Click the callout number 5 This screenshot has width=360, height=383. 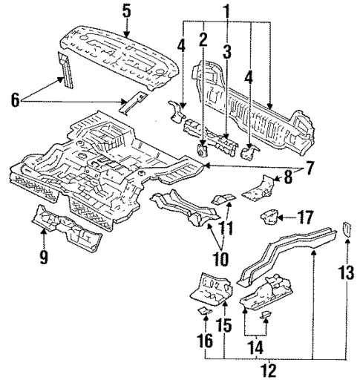tap(126, 10)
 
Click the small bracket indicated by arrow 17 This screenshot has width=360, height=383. tap(269, 218)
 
